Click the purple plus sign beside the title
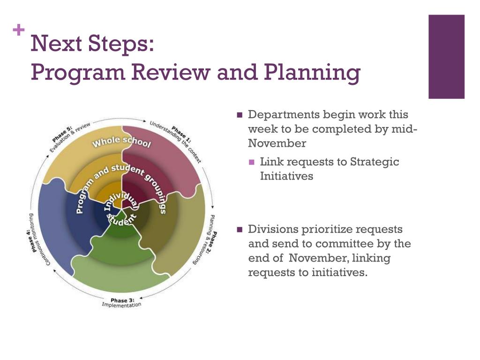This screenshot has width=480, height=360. [x=19, y=31]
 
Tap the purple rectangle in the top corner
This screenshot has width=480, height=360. [x=446, y=56]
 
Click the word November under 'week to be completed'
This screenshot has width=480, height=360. [x=277, y=143]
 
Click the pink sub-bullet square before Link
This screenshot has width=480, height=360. [x=252, y=162]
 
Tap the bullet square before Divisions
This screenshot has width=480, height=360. [x=240, y=230]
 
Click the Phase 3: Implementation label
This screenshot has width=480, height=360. [x=121, y=302]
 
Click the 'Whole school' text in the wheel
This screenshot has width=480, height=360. [x=122, y=142]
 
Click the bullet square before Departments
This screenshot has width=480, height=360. [x=240, y=115]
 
